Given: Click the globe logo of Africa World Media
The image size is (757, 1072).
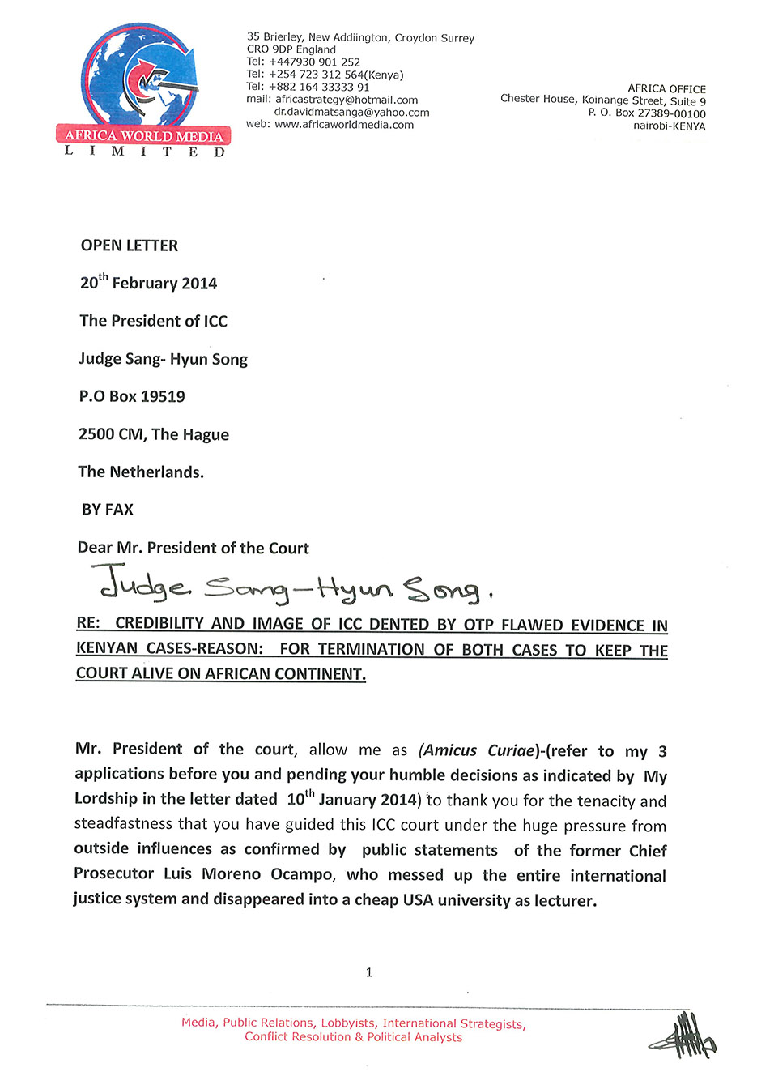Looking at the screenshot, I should (138, 77).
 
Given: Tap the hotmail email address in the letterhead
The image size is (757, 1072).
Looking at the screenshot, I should (347, 100).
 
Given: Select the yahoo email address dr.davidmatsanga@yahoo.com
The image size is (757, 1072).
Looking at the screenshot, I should (351, 112).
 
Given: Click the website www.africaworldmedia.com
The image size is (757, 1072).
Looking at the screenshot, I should (344, 125).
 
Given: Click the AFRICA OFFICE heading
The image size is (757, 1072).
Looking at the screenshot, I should (666, 88).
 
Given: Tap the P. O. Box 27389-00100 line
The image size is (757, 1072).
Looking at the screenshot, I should (647, 113).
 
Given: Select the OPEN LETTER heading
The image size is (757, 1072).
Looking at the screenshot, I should (130, 246).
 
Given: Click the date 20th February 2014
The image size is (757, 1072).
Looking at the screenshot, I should (149, 283).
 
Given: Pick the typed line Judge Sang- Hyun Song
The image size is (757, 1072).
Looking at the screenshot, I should (164, 359).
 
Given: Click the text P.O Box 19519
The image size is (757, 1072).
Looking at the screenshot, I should (132, 396).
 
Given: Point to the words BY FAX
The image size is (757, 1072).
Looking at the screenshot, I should (108, 510).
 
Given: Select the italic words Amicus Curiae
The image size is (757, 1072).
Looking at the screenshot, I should (478, 750).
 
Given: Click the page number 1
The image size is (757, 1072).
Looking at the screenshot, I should (369, 972).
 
